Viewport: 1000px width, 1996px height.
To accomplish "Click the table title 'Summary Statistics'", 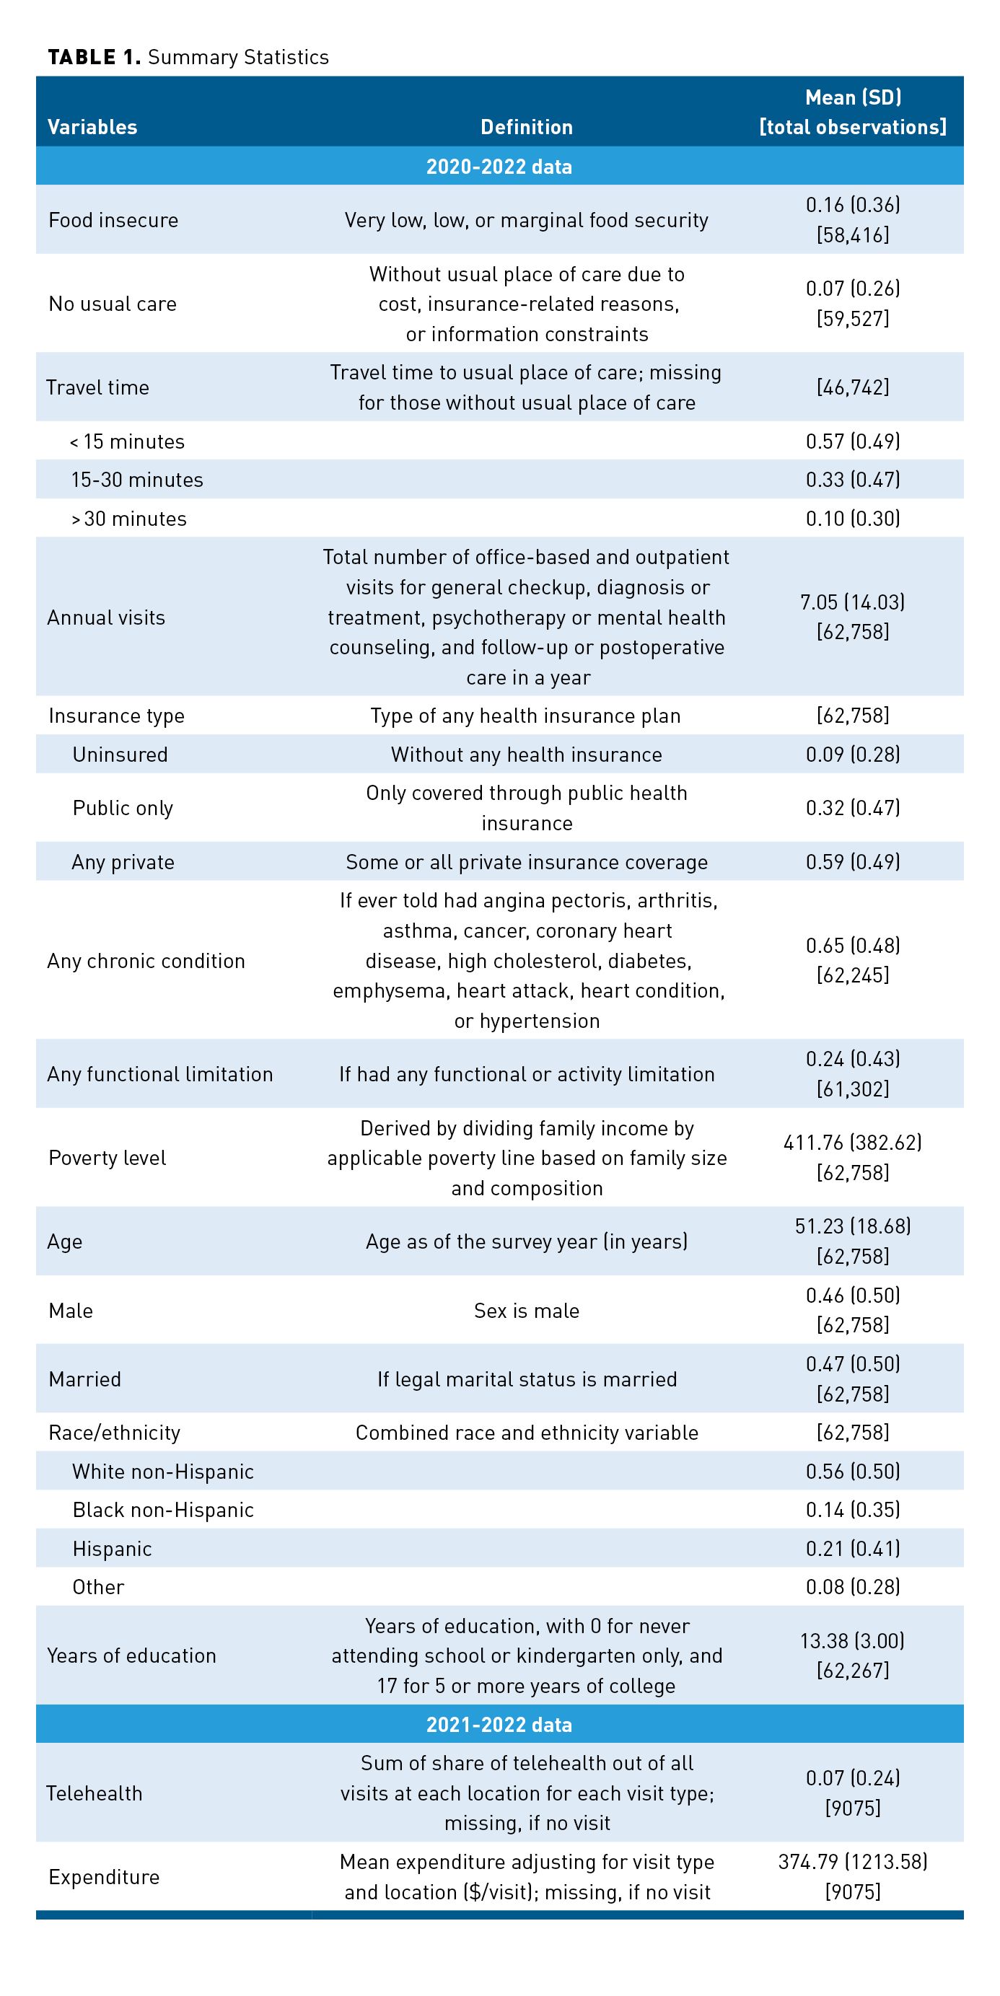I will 238,57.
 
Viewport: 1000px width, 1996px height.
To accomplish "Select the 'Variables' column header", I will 92,127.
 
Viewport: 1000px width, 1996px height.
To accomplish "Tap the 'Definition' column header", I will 527,127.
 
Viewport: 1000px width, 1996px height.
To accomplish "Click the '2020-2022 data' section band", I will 499,167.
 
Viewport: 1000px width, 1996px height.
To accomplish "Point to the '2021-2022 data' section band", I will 499,1725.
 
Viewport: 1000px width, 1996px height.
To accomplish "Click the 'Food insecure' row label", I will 113,220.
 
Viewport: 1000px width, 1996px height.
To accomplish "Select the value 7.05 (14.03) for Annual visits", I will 853,602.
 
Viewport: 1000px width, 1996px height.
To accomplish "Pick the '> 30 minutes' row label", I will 128,519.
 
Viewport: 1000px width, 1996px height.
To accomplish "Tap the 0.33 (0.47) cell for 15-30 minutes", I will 853,480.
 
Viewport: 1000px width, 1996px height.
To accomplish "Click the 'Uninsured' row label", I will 120,755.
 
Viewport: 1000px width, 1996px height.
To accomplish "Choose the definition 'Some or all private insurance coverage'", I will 527,863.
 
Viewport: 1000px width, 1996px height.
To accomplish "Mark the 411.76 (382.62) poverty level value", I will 853,1143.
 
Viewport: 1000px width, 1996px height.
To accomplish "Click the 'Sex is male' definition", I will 527,1310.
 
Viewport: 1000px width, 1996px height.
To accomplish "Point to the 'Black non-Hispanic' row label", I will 163,1511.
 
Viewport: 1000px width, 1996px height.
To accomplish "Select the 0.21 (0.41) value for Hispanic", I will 853,1549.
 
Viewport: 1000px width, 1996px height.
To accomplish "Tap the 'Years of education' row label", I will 132,1656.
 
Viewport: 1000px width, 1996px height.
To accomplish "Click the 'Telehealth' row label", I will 95,1793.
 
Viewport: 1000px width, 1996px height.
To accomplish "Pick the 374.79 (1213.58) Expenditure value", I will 853,1862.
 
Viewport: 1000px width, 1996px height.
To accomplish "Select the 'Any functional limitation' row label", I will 159,1074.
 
